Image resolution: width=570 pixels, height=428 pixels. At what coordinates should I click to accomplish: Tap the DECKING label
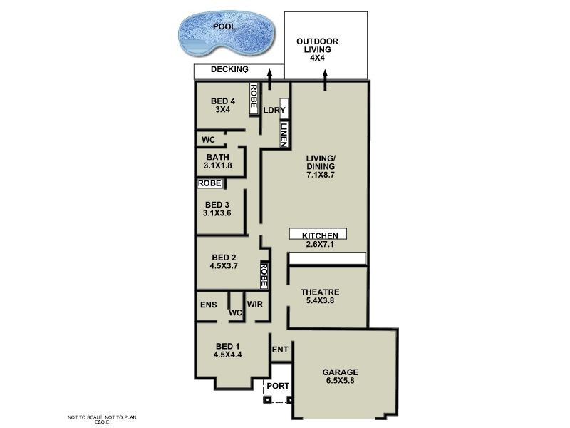point(229,70)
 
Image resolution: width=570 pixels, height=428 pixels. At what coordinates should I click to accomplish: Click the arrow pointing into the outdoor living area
point(326,82)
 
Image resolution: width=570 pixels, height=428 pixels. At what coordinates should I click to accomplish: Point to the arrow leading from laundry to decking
point(270,78)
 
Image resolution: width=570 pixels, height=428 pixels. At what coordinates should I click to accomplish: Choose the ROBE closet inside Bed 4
point(253,98)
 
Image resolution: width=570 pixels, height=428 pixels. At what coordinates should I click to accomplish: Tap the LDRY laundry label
point(274,111)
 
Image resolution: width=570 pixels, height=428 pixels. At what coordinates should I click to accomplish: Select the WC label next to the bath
point(208,139)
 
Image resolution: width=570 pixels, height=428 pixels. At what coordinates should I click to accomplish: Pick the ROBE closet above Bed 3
point(209,183)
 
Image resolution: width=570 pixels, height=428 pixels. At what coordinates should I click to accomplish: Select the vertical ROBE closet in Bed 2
point(264,275)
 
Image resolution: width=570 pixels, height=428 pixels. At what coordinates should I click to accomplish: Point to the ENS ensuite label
point(208,305)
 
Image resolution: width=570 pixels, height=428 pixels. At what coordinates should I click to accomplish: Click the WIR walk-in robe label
point(255,305)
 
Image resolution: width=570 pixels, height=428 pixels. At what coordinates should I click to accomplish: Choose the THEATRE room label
point(319,292)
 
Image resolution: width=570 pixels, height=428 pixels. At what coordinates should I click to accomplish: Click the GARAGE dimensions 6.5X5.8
point(340,382)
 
